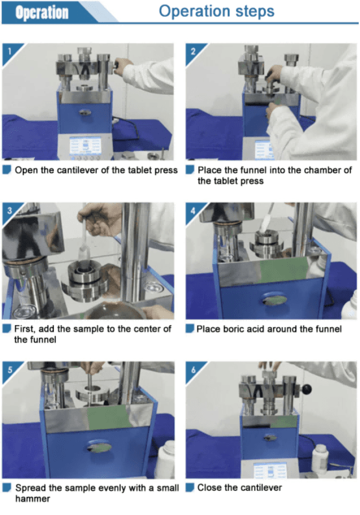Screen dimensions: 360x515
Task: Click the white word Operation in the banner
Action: [42, 12]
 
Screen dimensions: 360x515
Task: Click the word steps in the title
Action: [254, 12]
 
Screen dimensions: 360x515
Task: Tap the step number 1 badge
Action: [10, 51]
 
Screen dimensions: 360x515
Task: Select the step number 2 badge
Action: [193, 51]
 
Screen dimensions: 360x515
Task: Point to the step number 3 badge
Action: [10, 211]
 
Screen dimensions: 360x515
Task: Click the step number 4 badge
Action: [193, 211]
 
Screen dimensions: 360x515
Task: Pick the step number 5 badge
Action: [10, 370]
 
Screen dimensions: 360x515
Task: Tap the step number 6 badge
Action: [193, 370]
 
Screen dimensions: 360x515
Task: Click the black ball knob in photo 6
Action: [307, 390]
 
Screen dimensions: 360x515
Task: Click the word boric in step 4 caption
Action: [233, 329]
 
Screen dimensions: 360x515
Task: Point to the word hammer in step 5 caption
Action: [32, 499]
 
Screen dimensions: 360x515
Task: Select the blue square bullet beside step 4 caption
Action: [190, 328]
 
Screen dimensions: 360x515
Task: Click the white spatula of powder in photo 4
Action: [266, 221]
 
